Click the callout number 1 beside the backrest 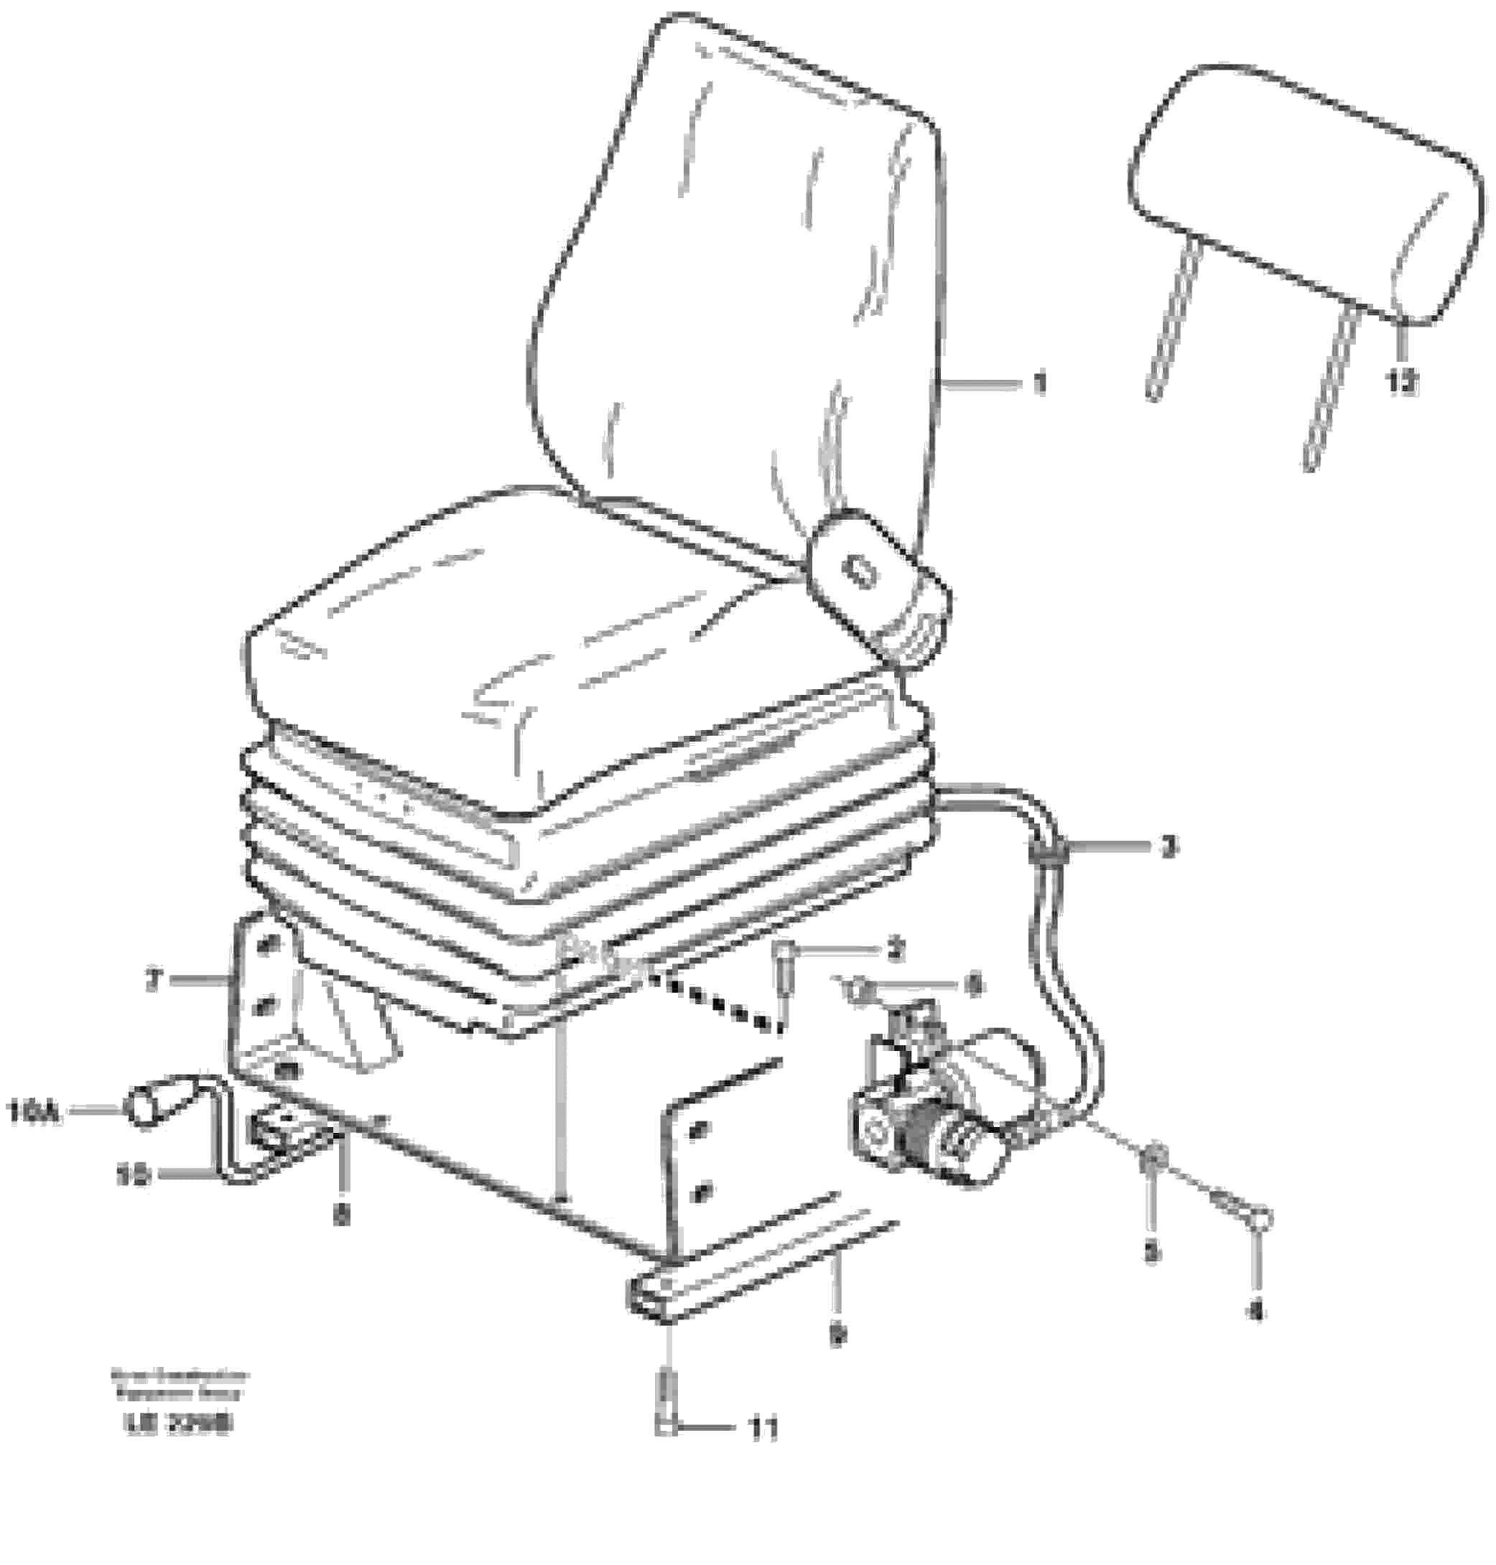1038,385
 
